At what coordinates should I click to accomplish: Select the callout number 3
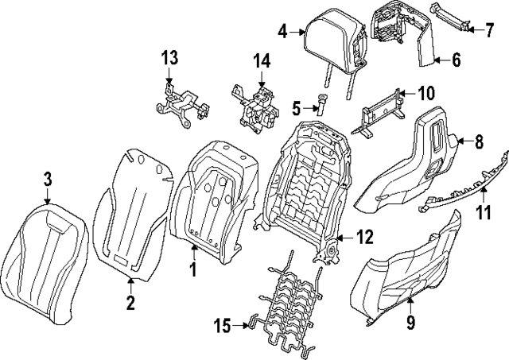48,180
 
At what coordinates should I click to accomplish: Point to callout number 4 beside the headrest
283,32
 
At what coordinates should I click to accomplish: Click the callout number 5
295,106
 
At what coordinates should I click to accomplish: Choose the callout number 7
491,30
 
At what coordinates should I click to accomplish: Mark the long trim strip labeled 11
465,188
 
